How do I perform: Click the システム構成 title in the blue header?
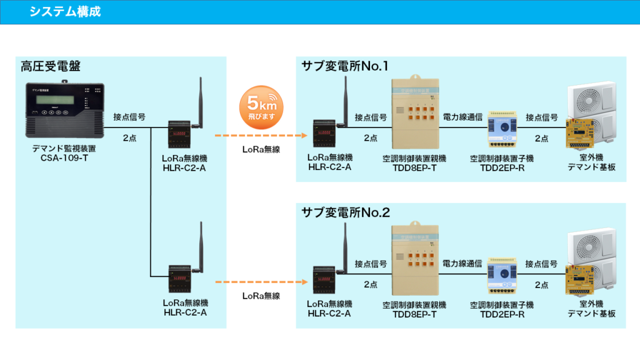pos(65,12)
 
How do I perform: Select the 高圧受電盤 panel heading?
pos(51,66)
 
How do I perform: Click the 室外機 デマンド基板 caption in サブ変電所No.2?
pos(591,309)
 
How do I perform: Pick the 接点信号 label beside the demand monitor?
pos(129,117)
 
